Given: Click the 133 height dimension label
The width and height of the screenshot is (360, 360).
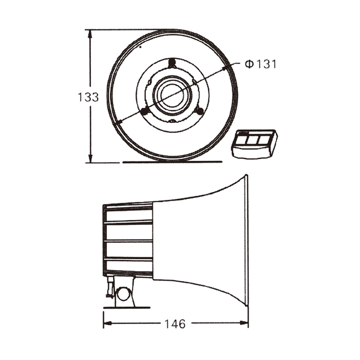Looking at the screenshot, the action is pyautogui.click(x=88, y=97).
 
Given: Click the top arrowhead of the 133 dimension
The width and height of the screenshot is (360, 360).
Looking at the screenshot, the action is pyautogui.click(x=90, y=34).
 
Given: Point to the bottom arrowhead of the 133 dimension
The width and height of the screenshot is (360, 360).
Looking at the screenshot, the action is pyautogui.click(x=90, y=158).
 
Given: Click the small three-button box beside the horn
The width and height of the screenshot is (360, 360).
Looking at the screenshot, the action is pyautogui.click(x=255, y=144).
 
